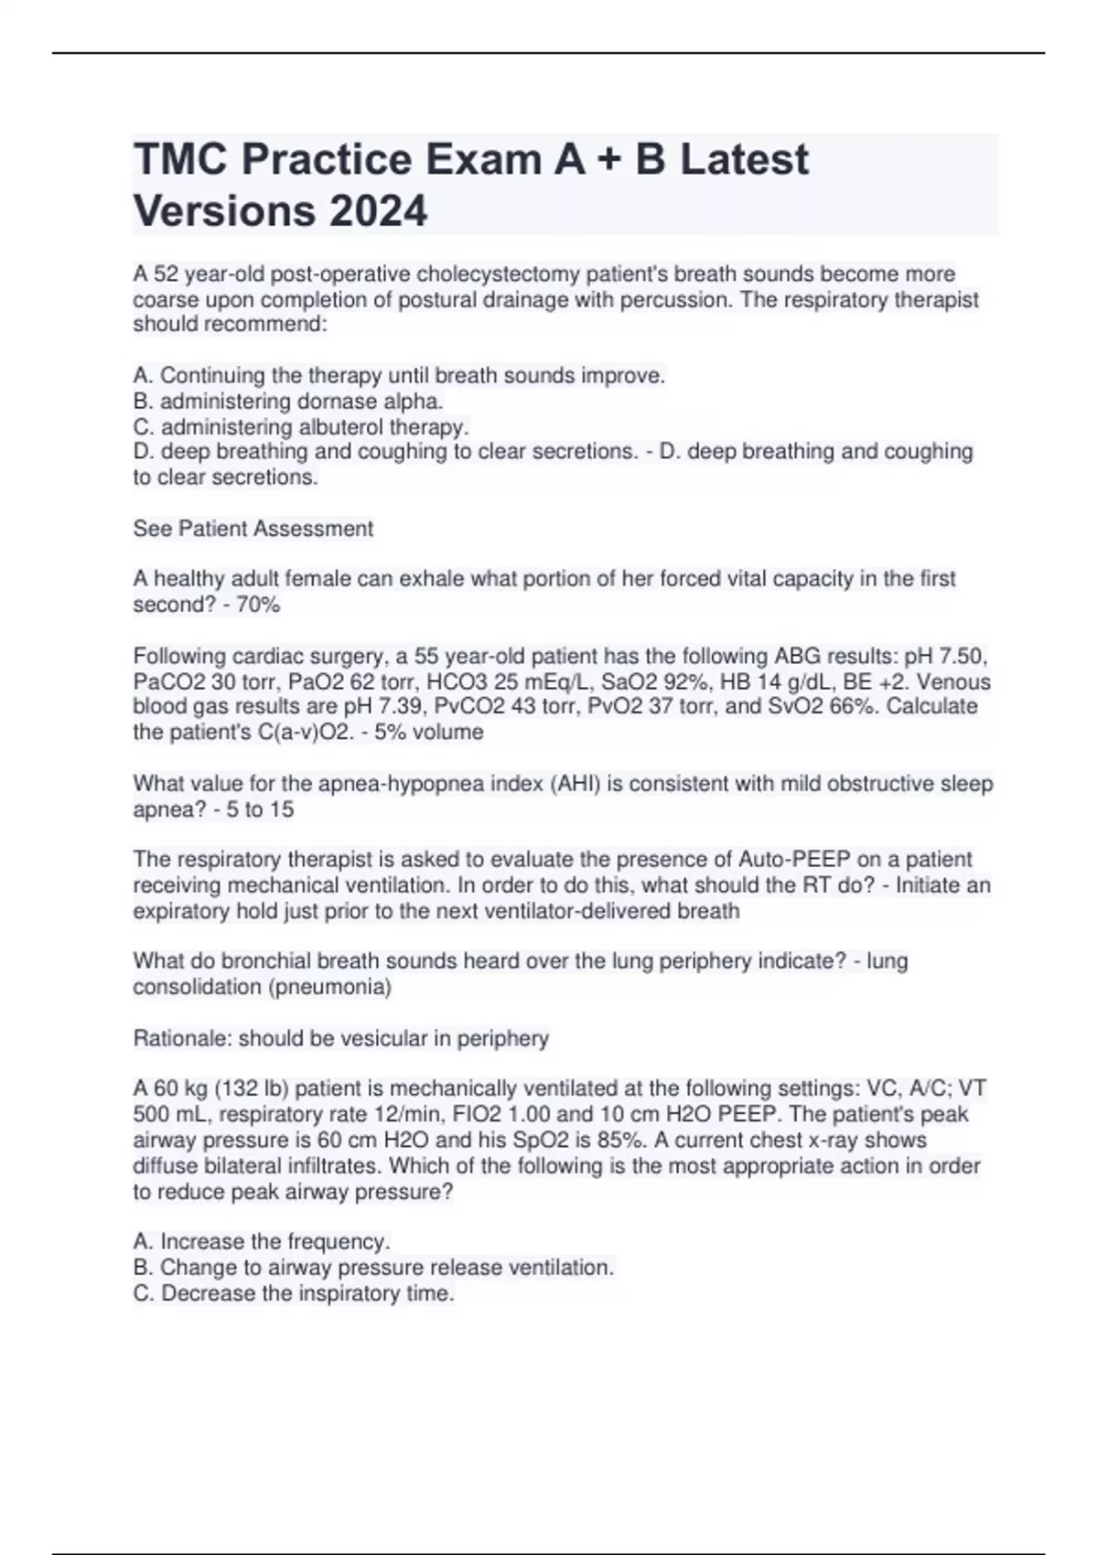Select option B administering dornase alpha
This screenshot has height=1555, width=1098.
(288, 402)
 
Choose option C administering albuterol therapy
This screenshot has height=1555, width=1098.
(301, 427)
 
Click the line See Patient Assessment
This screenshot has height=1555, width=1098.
(253, 529)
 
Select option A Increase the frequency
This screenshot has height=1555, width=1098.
(262, 1242)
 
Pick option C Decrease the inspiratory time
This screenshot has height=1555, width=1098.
(294, 1293)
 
